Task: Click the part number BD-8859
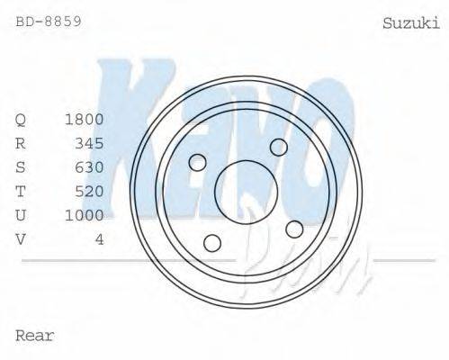[x=49, y=22]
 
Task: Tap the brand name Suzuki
[x=411, y=23]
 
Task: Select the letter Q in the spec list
[x=21, y=120]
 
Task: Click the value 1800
[x=85, y=120]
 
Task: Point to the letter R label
[x=21, y=143]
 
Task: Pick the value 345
[x=89, y=143]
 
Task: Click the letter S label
[x=21, y=167]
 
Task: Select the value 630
[x=89, y=167]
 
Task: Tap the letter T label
[x=21, y=192]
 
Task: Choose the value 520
[x=89, y=192]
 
